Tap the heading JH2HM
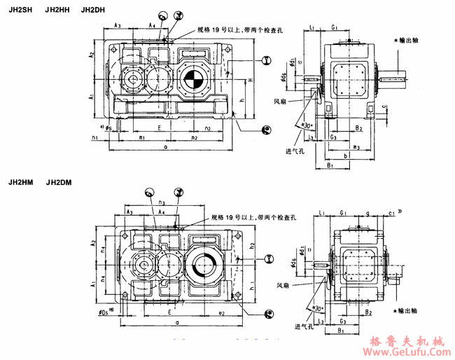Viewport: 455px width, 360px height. coord(20,184)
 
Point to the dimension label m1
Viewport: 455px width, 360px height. coord(142,138)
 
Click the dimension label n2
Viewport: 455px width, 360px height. coord(208,129)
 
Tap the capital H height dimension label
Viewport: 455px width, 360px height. coord(250,81)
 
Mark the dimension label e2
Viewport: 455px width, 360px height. coord(220,313)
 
